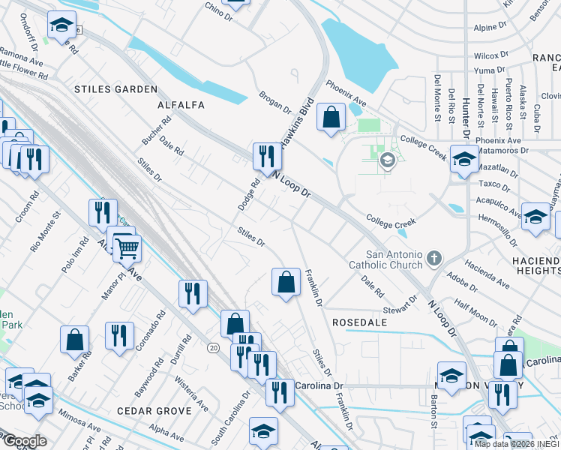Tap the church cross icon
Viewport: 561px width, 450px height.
(x=433, y=259)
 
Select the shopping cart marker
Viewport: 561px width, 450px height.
(x=127, y=247)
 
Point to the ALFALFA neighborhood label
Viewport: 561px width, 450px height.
(x=180, y=106)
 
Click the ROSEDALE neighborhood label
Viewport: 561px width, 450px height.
(x=362, y=322)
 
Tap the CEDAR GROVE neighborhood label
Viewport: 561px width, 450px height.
(x=154, y=411)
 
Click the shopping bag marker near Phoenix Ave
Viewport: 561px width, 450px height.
(x=330, y=117)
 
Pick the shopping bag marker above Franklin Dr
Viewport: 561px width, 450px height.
(x=285, y=283)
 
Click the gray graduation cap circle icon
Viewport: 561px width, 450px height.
(x=387, y=160)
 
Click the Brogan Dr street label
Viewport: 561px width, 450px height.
(x=274, y=103)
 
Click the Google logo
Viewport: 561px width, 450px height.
(x=25, y=441)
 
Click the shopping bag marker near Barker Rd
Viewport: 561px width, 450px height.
(x=75, y=340)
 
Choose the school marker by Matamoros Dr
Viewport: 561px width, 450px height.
(x=464, y=159)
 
